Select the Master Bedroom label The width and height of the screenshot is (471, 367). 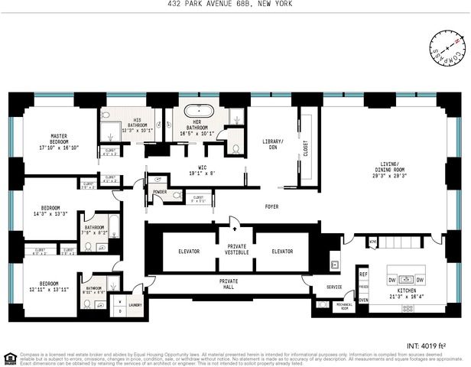pos(59,141)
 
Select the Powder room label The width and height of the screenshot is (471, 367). pos(160,192)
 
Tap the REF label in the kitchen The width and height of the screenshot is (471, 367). pos(364,273)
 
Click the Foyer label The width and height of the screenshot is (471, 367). pos(272,206)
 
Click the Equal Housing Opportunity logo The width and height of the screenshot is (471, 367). pos(8,356)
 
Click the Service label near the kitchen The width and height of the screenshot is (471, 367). pos(334,287)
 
